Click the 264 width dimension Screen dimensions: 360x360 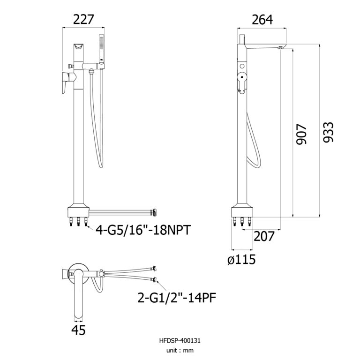(x=262, y=20)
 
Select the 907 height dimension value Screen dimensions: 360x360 (x=301, y=135)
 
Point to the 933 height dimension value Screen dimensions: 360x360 (x=328, y=132)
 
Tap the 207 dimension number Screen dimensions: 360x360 (x=264, y=236)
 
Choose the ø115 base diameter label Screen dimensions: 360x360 (x=241, y=260)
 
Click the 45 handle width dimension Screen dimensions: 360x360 (x=78, y=330)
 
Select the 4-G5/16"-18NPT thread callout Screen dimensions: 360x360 (x=143, y=230)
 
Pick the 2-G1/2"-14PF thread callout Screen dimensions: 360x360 (x=177, y=298)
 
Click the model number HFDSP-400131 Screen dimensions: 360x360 (x=180, y=340)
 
